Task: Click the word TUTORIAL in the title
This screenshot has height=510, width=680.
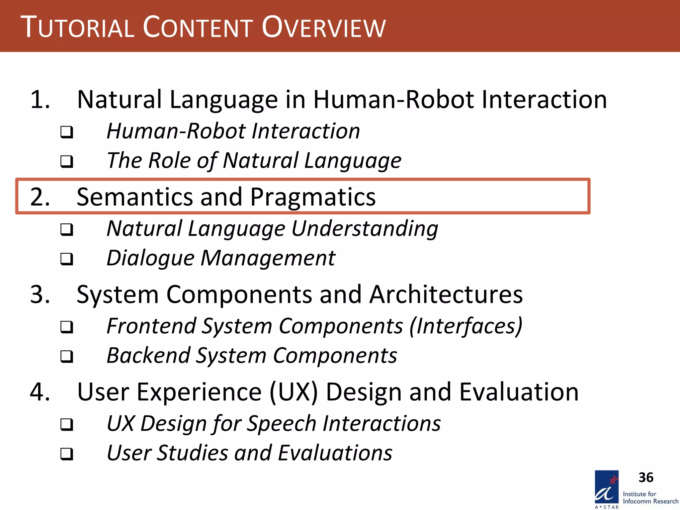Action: point(77,27)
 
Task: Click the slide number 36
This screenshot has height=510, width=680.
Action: point(646,477)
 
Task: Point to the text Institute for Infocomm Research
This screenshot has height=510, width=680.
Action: point(650,498)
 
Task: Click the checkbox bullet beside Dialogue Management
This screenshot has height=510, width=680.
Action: point(67,259)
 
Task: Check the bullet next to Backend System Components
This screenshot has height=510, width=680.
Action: point(67,356)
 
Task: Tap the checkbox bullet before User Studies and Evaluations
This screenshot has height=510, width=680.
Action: point(67,454)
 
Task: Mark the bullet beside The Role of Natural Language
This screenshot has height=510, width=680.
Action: point(67,161)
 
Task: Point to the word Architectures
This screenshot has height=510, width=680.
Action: point(446,295)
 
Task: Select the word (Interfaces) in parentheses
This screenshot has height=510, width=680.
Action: point(466,326)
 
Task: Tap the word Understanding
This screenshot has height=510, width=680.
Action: point(365,229)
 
